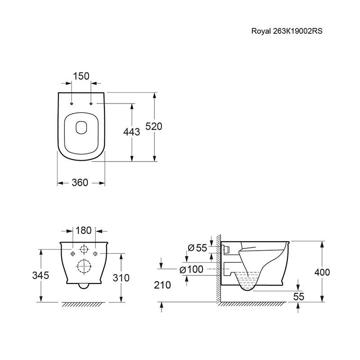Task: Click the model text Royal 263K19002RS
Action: [x=287, y=31]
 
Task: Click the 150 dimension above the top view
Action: [x=81, y=76]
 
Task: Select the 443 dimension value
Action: [x=131, y=132]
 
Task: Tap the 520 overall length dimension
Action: [x=154, y=126]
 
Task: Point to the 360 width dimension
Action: [x=80, y=183]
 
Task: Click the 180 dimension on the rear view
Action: [x=83, y=230]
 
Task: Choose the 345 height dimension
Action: [x=40, y=275]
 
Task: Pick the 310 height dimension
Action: [x=121, y=278]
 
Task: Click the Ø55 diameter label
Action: [x=198, y=248]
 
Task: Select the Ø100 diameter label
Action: [x=191, y=269]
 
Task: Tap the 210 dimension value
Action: [x=162, y=285]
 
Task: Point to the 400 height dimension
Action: [x=322, y=272]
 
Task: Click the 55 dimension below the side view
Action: [x=299, y=297]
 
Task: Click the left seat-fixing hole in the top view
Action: [x=72, y=103]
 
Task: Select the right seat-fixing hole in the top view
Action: [x=91, y=103]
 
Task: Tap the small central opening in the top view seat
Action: [x=81, y=127]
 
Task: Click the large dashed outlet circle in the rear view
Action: [x=85, y=266]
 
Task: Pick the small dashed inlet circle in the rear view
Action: [x=84, y=249]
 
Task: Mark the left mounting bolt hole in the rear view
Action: [x=73, y=253]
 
